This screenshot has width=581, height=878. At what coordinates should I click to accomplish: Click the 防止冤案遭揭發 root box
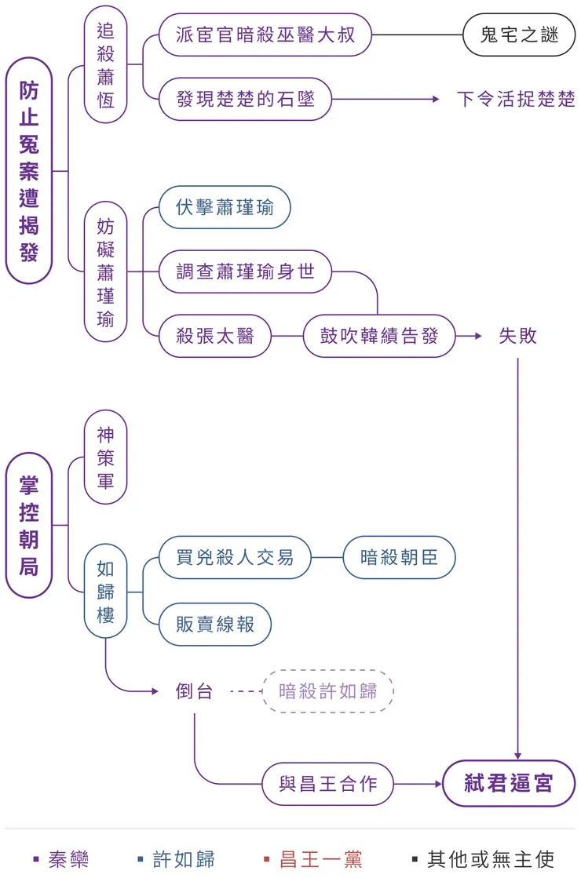pos(29,171)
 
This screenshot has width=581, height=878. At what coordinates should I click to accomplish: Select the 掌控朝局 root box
pos(29,525)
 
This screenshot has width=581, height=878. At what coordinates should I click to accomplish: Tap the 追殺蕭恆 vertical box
pos(105,66)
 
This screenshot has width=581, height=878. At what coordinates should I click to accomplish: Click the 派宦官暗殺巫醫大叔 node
pos(265,35)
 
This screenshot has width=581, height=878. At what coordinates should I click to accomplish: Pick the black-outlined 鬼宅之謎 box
pos(518,35)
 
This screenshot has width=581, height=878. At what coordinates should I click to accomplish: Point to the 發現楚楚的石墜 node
pos(245,100)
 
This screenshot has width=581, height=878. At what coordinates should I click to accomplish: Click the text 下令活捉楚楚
pos(515,100)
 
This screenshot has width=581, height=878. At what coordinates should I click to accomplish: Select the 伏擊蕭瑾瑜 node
pos(225,207)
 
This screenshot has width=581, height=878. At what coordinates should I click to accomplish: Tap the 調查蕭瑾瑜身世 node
pos(245,271)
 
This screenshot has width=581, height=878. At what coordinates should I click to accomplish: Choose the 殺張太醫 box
pos(214,336)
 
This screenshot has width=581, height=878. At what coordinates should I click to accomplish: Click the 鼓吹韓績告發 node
pos(378,336)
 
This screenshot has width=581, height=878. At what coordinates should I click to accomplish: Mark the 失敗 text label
pos(518,336)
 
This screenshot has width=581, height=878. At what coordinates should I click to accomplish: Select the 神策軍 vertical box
pos(105,457)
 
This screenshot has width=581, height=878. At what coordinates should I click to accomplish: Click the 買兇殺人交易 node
pos(235,557)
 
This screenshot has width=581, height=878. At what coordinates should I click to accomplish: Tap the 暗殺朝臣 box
pos(399,557)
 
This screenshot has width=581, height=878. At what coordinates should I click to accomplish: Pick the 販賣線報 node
pos(214,624)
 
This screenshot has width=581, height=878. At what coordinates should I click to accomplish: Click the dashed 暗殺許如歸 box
pos(327,691)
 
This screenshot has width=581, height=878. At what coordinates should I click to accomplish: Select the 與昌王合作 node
pos(327,783)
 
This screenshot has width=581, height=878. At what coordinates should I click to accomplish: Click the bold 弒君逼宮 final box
pos(509,783)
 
